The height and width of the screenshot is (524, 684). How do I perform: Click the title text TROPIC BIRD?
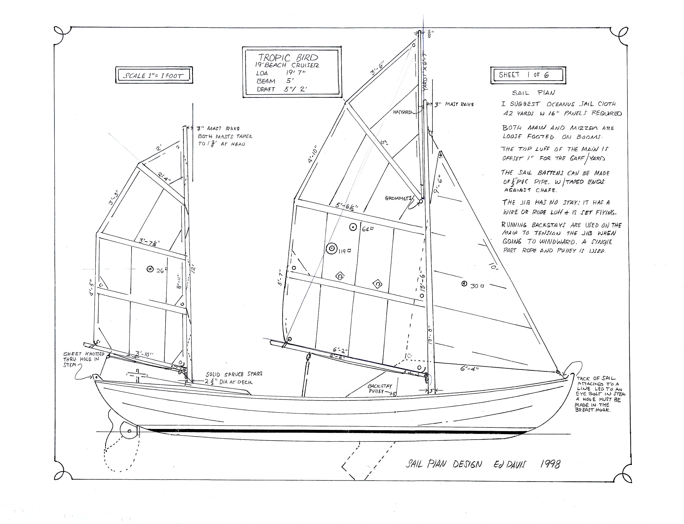click(288, 58)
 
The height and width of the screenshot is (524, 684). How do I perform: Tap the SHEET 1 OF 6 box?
click(528, 75)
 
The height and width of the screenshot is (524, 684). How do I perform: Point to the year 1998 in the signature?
click(550, 464)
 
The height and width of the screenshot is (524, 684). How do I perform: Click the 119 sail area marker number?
click(343, 251)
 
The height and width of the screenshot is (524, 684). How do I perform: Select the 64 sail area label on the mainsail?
click(366, 229)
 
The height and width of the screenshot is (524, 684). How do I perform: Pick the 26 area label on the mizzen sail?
click(160, 271)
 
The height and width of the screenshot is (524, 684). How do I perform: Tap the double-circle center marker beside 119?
click(332, 249)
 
